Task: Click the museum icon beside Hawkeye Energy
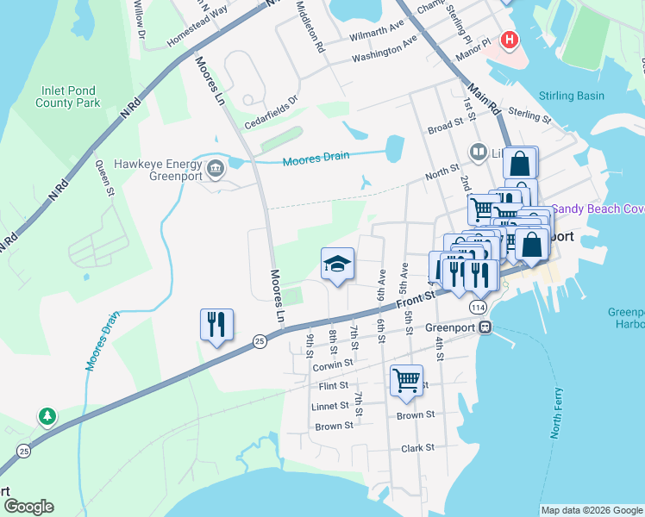tap(215, 165)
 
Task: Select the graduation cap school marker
tap(337, 265)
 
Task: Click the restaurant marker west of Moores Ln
tap(216, 325)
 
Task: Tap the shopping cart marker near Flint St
tap(406, 380)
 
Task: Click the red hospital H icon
tap(510, 40)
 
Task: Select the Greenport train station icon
tap(486, 327)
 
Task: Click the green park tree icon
tap(47, 417)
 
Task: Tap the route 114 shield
tap(478, 308)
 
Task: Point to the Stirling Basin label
tap(571, 96)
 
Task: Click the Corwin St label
tap(333, 364)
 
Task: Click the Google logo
tap(28, 507)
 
